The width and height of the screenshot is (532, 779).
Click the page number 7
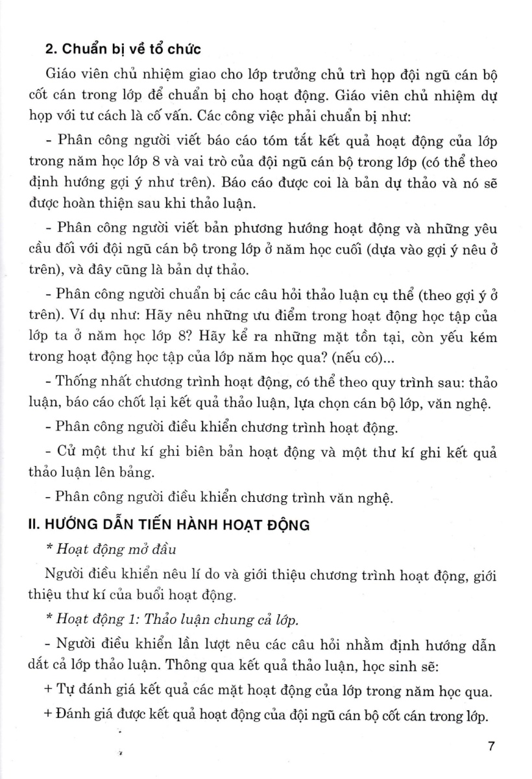click(492, 747)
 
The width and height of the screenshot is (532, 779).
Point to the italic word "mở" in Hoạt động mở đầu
click(126, 550)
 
